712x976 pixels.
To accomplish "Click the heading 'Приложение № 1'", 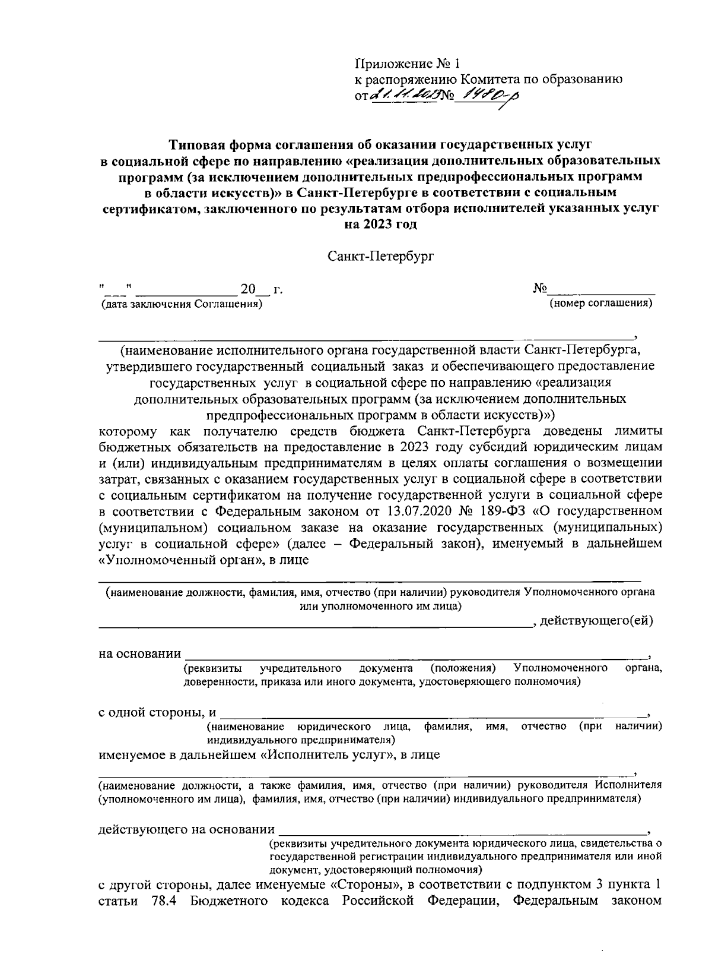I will click(x=407, y=64).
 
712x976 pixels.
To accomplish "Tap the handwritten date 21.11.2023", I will click(x=403, y=94).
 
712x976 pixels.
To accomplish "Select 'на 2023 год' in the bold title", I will click(x=380, y=225).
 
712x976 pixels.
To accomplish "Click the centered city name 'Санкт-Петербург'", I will click(x=380, y=257).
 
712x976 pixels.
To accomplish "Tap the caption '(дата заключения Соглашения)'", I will click(x=181, y=304).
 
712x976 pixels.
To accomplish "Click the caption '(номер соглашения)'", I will click(x=601, y=304).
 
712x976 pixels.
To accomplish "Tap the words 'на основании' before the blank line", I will click(x=139, y=654).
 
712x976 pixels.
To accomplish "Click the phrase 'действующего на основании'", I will click(x=186, y=829).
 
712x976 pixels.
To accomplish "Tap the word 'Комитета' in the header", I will click(x=487, y=79).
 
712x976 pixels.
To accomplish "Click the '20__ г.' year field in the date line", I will click(x=259, y=290).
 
